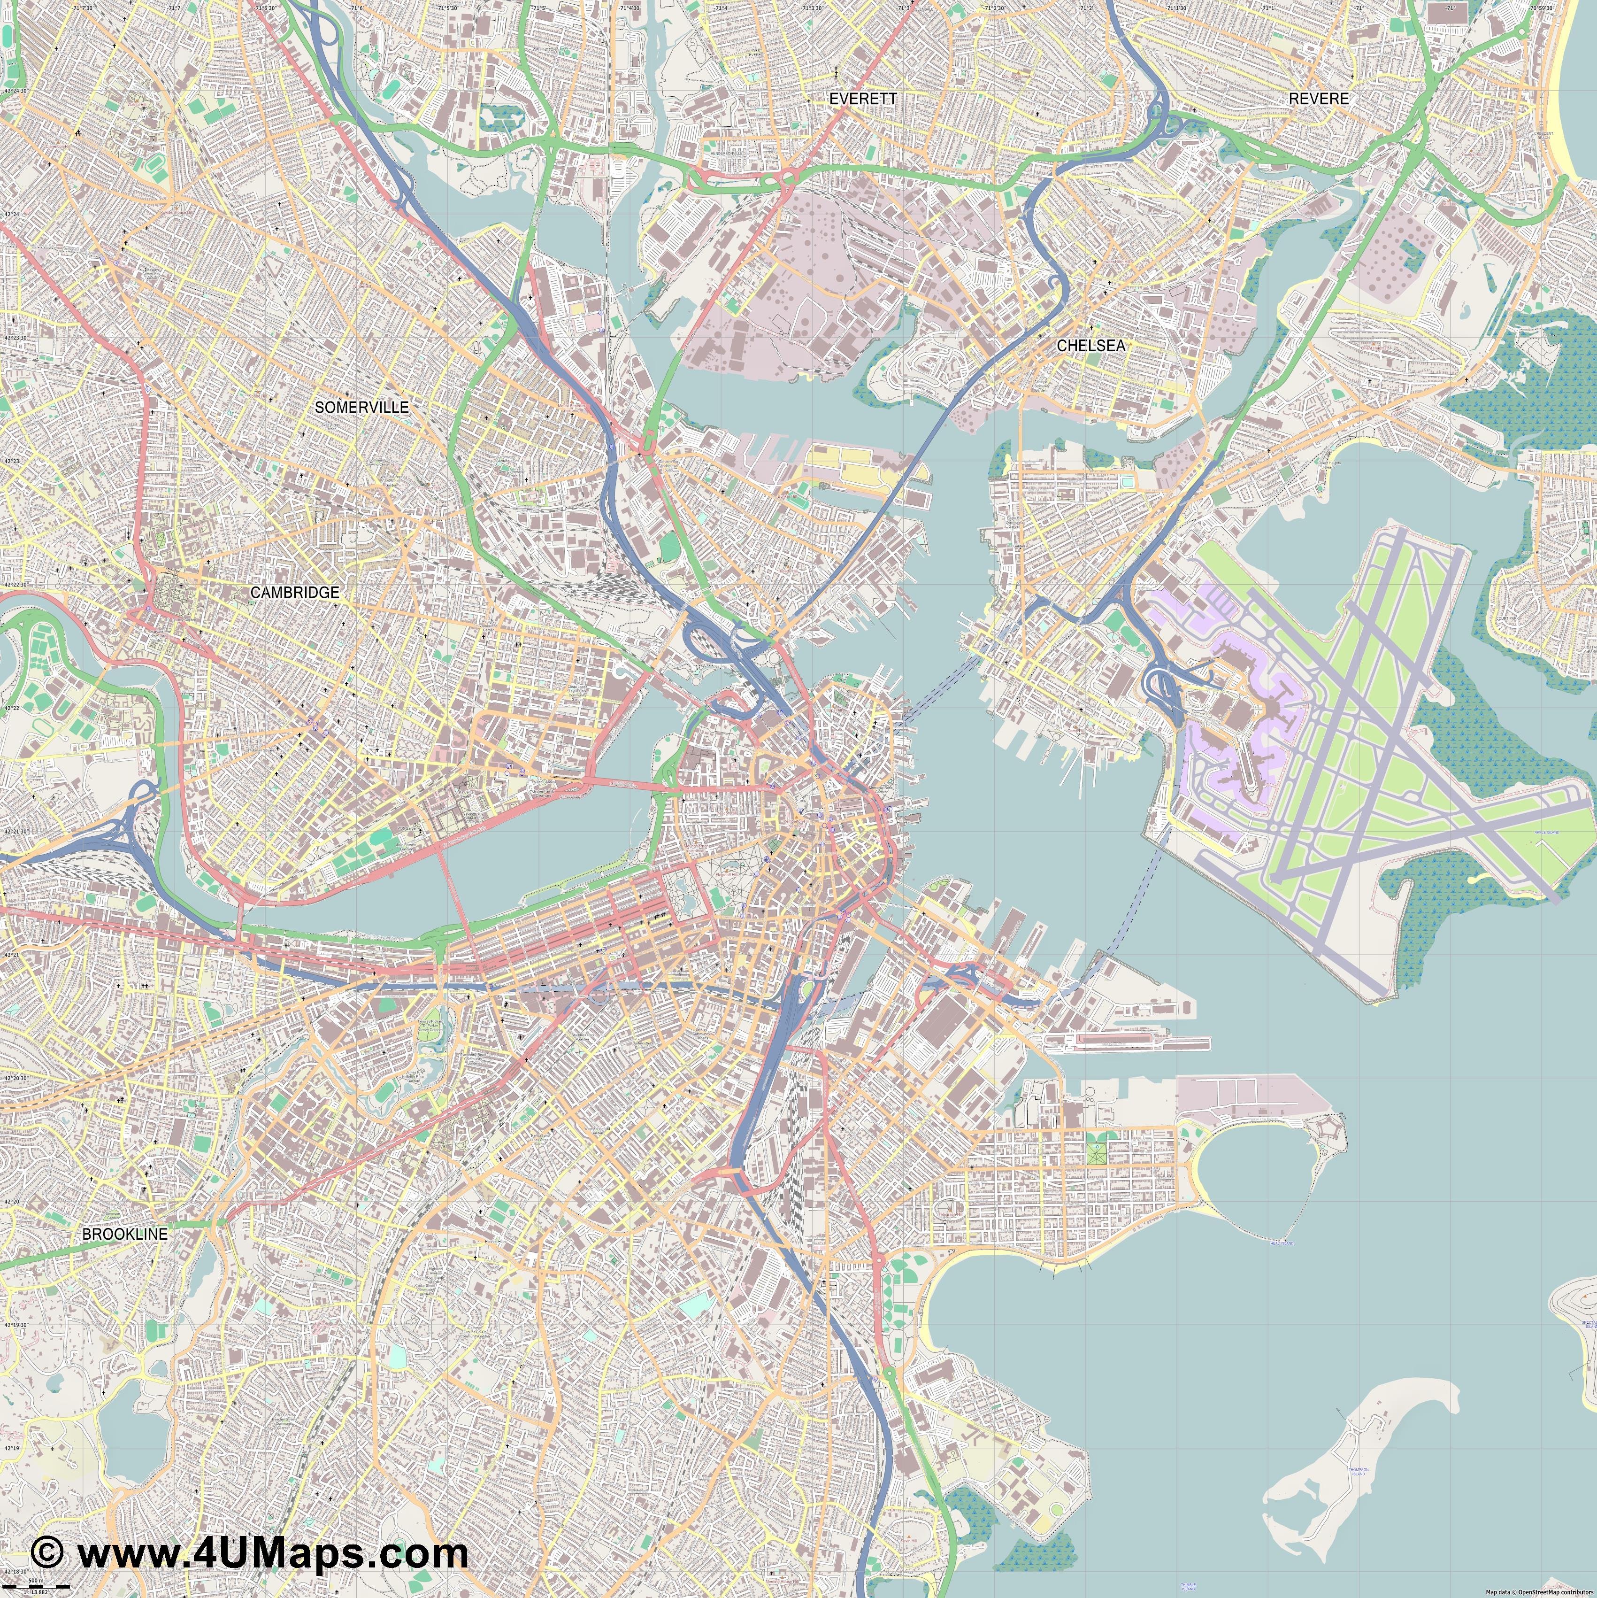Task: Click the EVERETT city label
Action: point(863,99)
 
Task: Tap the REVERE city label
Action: point(1318,99)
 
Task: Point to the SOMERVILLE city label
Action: point(361,407)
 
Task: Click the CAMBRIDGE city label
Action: point(294,592)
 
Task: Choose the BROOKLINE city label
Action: point(124,1234)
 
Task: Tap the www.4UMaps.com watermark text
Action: point(272,1552)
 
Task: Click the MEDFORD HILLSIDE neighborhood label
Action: point(75,30)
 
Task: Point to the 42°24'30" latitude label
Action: point(15,91)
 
